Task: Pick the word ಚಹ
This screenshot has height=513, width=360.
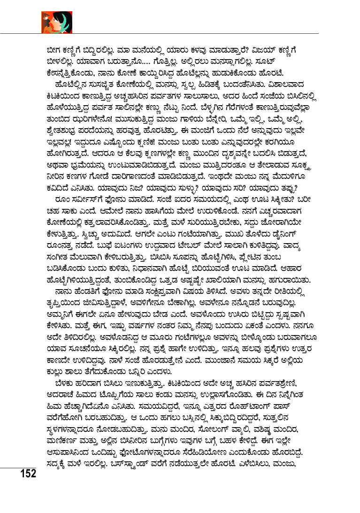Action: click(x=48, y=211)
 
